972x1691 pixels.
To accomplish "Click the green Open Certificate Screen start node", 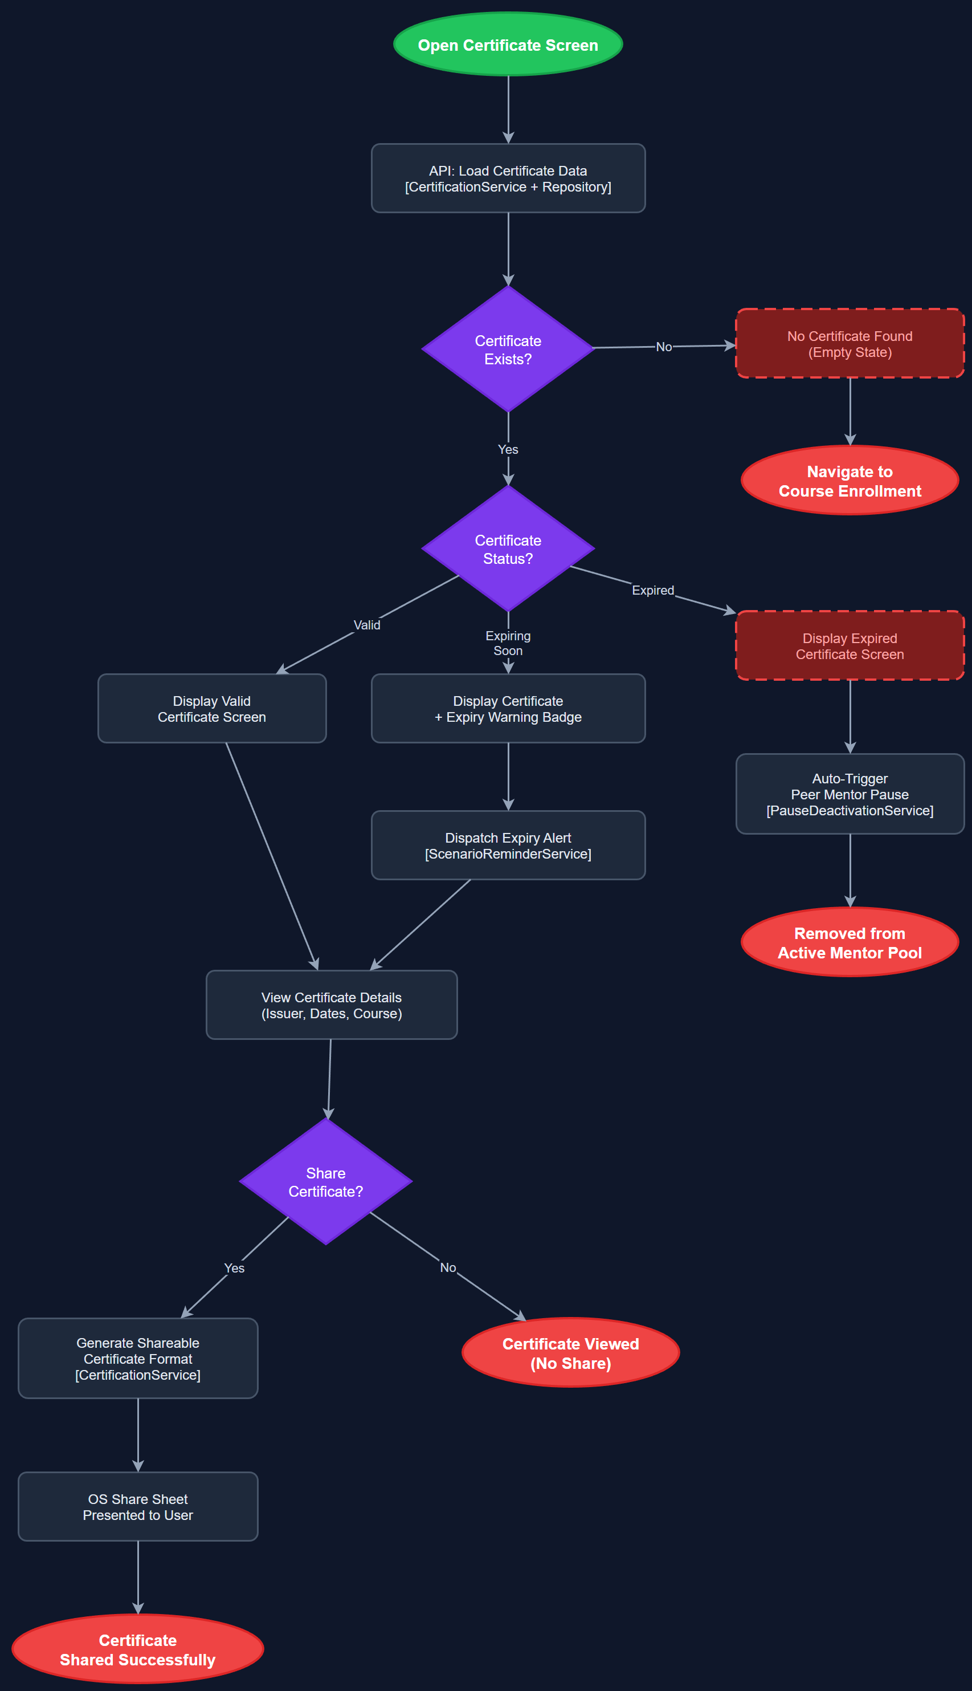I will (x=508, y=44).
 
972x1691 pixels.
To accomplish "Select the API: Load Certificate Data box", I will (x=508, y=178).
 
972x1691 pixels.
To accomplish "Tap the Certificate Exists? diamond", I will (x=508, y=349).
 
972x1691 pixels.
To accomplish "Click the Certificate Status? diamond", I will (x=508, y=549).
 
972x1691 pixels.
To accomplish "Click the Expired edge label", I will (x=653, y=591).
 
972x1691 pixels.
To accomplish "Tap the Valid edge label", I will (x=366, y=625).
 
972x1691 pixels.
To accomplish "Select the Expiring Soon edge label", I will (x=508, y=643).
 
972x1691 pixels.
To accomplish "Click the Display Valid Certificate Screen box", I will (x=211, y=709).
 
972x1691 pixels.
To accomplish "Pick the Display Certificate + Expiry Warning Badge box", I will (x=508, y=709).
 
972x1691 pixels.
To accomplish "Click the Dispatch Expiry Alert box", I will (x=508, y=845).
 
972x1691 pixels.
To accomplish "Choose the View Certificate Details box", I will (x=331, y=1005).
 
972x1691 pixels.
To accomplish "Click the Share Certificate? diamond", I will (x=326, y=1181).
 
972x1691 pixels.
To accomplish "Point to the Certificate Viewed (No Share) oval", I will (x=570, y=1352).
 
